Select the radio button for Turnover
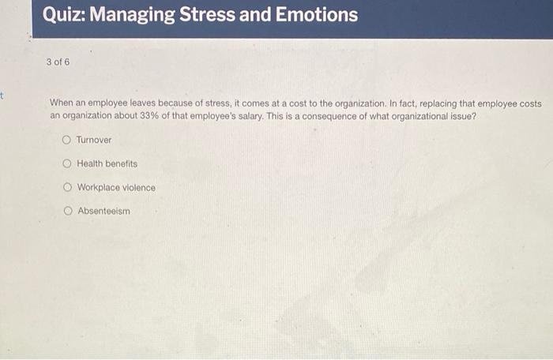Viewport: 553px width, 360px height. tap(67, 140)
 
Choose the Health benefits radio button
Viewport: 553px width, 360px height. tap(67, 163)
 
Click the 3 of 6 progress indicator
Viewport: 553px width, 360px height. tap(57, 61)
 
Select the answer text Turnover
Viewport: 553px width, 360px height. tap(94, 140)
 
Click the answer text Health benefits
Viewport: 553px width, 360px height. tap(107, 163)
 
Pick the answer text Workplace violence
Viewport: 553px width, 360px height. tap(116, 188)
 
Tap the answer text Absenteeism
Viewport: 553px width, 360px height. tap(103, 212)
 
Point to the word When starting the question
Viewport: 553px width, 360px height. tap(62, 103)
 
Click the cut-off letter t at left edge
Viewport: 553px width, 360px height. tap(3, 96)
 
